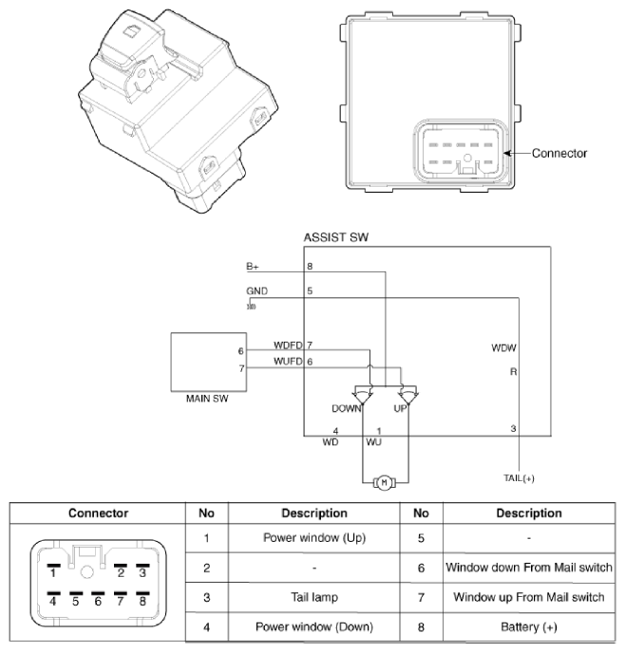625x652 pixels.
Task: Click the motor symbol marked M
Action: point(385,483)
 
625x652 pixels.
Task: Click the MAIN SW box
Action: point(208,362)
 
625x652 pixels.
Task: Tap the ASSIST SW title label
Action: point(336,237)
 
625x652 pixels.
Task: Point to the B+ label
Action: point(252,267)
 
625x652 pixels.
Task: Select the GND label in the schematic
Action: point(256,291)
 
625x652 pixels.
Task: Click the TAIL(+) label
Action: point(519,478)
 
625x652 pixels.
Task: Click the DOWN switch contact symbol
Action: point(363,395)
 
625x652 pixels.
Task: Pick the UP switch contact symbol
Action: point(408,395)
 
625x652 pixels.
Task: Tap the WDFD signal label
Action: point(288,345)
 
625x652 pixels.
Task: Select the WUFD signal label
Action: point(288,362)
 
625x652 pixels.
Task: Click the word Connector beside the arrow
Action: point(559,154)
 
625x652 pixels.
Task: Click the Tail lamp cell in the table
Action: point(314,597)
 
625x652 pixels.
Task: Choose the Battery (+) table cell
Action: point(529,626)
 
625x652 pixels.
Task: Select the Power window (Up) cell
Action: point(314,538)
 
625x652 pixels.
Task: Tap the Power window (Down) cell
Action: point(314,626)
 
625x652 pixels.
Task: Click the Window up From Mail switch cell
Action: point(529,597)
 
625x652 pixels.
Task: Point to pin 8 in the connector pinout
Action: point(142,599)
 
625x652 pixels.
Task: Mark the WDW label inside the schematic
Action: point(503,348)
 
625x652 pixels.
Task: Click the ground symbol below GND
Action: point(252,307)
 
